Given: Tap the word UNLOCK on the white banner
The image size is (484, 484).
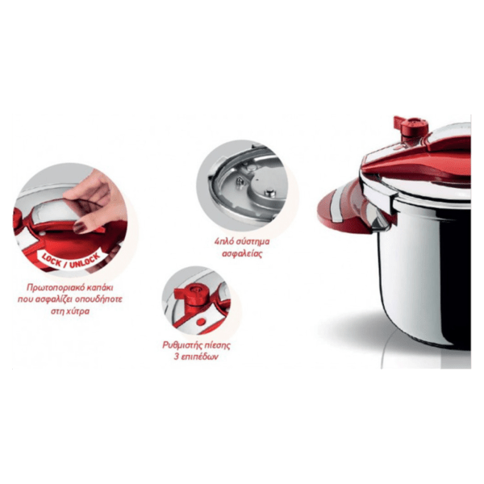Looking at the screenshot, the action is [85, 261].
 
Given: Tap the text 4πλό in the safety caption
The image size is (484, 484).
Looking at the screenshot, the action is [223, 241].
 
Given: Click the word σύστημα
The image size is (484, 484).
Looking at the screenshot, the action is [252, 242].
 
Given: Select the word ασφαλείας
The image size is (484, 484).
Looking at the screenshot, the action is [242, 254].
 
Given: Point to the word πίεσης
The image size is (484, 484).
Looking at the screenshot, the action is [217, 345].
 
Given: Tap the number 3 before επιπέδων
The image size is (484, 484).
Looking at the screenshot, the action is [177, 357].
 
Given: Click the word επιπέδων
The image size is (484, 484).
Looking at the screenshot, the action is [200, 357].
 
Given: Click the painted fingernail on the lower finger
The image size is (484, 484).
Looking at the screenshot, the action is [79, 227].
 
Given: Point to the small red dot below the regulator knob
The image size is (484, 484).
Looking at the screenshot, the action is [201, 322].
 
